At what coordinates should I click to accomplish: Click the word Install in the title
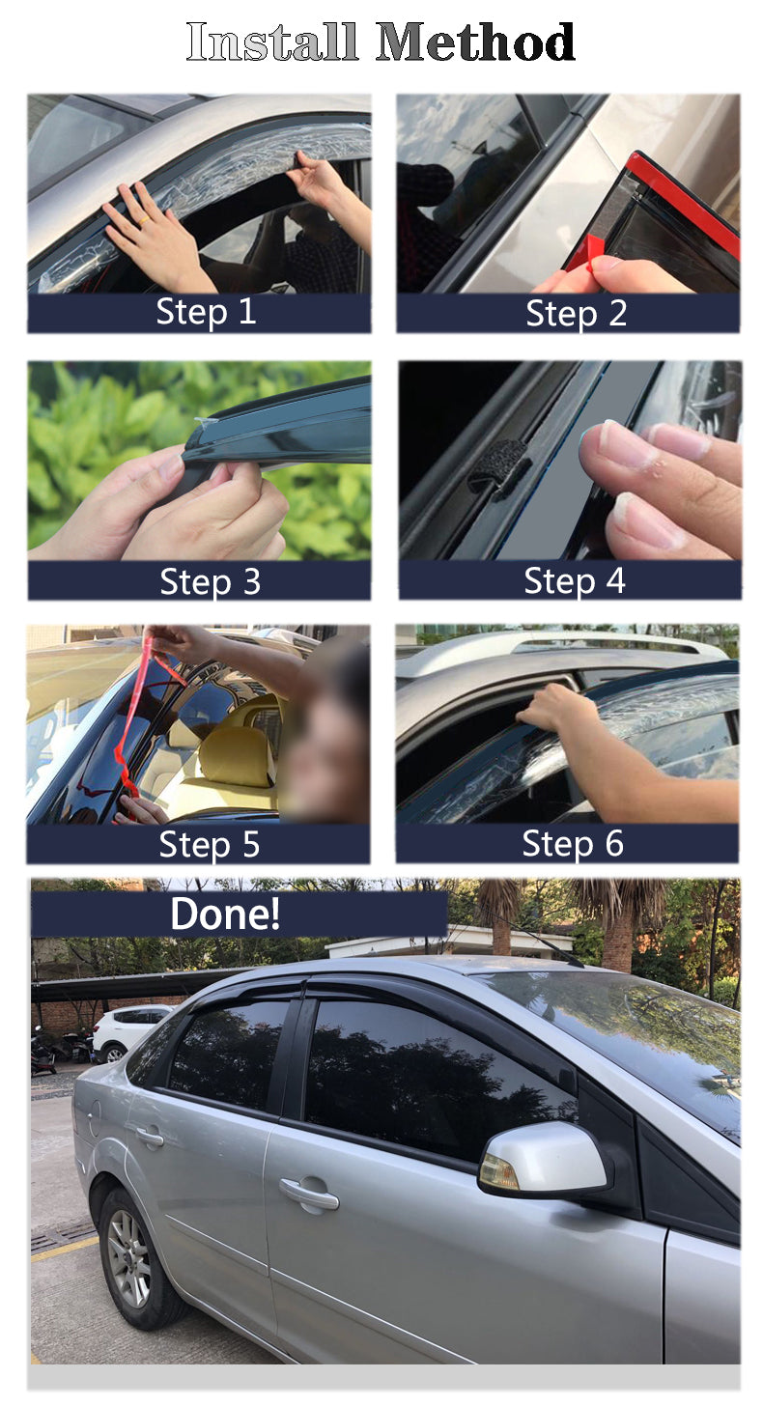pyautogui.click(x=271, y=42)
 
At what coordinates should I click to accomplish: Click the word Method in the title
pyautogui.click(x=475, y=42)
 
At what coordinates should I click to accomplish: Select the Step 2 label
pyautogui.click(x=576, y=313)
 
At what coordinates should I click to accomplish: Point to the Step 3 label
pyautogui.click(x=210, y=581)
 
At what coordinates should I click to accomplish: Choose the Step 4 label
pyautogui.click(x=574, y=580)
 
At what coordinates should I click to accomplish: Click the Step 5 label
pyautogui.click(x=210, y=844)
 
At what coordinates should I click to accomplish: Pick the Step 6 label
pyautogui.click(x=573, y=843)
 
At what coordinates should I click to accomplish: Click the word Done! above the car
pyautogui.click(x=225, y=914)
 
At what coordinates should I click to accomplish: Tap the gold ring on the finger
pyautogui.click(x=144, y=220)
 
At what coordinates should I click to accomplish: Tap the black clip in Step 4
pyautogui.click(x=499, y=468)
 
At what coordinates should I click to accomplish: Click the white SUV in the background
pyautogui.click(x=128, y=1032)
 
